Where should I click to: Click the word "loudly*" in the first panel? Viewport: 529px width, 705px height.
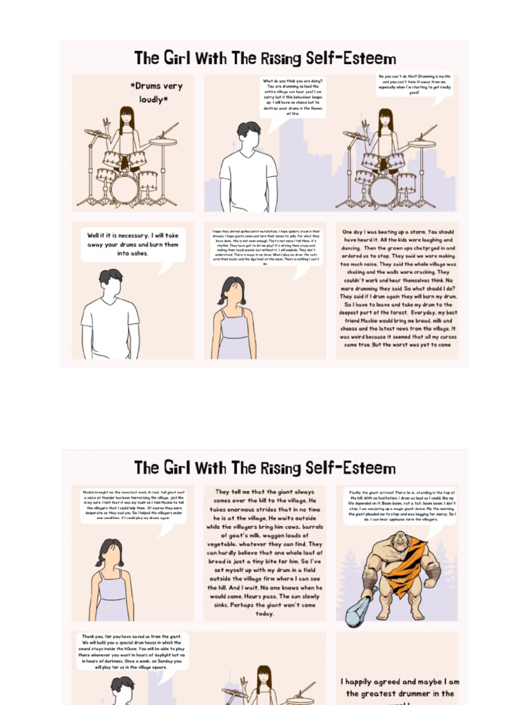[x=153, y=100]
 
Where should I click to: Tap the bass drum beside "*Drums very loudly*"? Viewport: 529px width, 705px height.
[x=125, y=189]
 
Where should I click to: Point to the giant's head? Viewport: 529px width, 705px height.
[x=401, y=541]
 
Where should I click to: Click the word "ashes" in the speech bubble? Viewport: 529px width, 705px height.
[x=139, y=253]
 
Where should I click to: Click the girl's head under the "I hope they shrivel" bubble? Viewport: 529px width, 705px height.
[x=233, y=291]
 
